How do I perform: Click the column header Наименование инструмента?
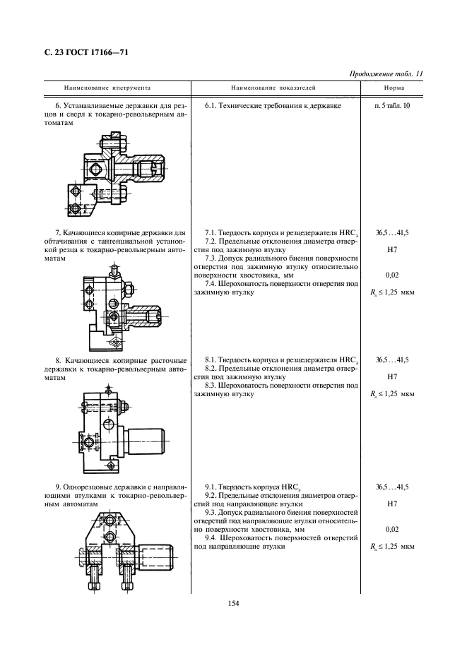point(107,89)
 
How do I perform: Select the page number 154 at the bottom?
point(233,602)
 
